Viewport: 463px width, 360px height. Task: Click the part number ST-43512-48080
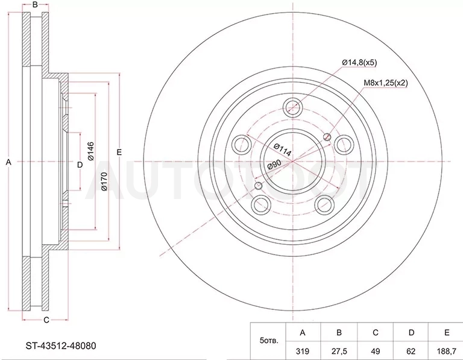click(61, 346)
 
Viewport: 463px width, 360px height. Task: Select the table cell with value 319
click(303, 351)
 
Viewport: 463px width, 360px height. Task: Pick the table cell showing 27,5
click(339, 351)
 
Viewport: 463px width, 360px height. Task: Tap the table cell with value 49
click(376, 351)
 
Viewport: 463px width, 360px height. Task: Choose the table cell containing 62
click(411, 351)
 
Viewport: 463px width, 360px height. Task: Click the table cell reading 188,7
click(447, 351)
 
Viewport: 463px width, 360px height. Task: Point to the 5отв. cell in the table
click(268, 341)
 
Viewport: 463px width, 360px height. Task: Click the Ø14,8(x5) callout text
click(359, 63)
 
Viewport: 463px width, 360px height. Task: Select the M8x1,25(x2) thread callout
click(385, 83)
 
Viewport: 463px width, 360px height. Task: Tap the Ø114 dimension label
click(282, 150)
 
